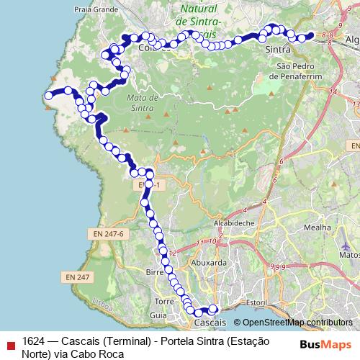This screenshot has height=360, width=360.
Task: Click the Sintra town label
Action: click(278, 51)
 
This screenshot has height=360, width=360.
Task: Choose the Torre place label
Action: click(165, 301)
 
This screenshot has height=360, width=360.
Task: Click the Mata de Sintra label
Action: click(140, 102)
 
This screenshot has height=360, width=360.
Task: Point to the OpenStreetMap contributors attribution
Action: click(297, 323)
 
